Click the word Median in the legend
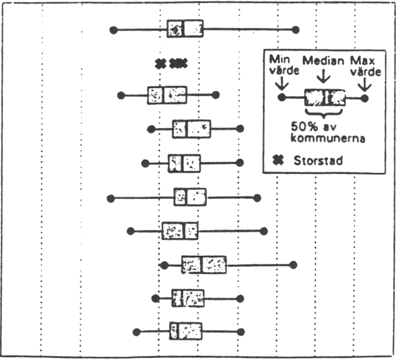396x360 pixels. pos(323,61)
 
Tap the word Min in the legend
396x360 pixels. pos(280,60)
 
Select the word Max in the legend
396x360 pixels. pos(362,61)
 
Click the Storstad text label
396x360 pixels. pos(318,161)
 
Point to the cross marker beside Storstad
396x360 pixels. pos(278,160)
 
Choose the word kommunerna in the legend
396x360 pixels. pos(328,138)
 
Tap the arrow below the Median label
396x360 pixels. pos(324,76)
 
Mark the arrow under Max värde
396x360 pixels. pos(365,85)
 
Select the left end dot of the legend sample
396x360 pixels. pos(282,97)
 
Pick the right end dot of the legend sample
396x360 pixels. pos(364,98)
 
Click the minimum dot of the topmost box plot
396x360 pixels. pos(114,30)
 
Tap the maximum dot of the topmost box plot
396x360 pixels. pos(295,30)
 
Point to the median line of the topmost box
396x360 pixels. pos(184,28)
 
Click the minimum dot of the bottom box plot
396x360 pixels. pos(137,332)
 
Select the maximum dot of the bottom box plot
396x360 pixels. pos(241,332)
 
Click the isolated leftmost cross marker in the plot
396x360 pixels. pos(161,63)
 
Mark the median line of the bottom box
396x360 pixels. pos(178,331)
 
